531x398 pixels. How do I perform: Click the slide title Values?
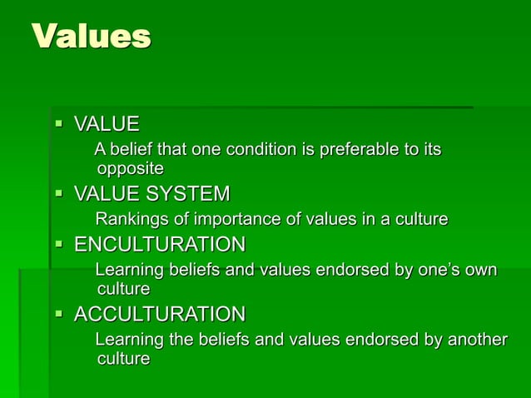point(92,36)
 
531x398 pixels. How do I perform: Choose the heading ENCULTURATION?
point(160,245)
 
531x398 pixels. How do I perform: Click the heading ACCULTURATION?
point(160,315)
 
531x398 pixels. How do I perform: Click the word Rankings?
point(130,220)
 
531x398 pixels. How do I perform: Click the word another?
point(477,341)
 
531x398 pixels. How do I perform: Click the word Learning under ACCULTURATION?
point(129,341)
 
